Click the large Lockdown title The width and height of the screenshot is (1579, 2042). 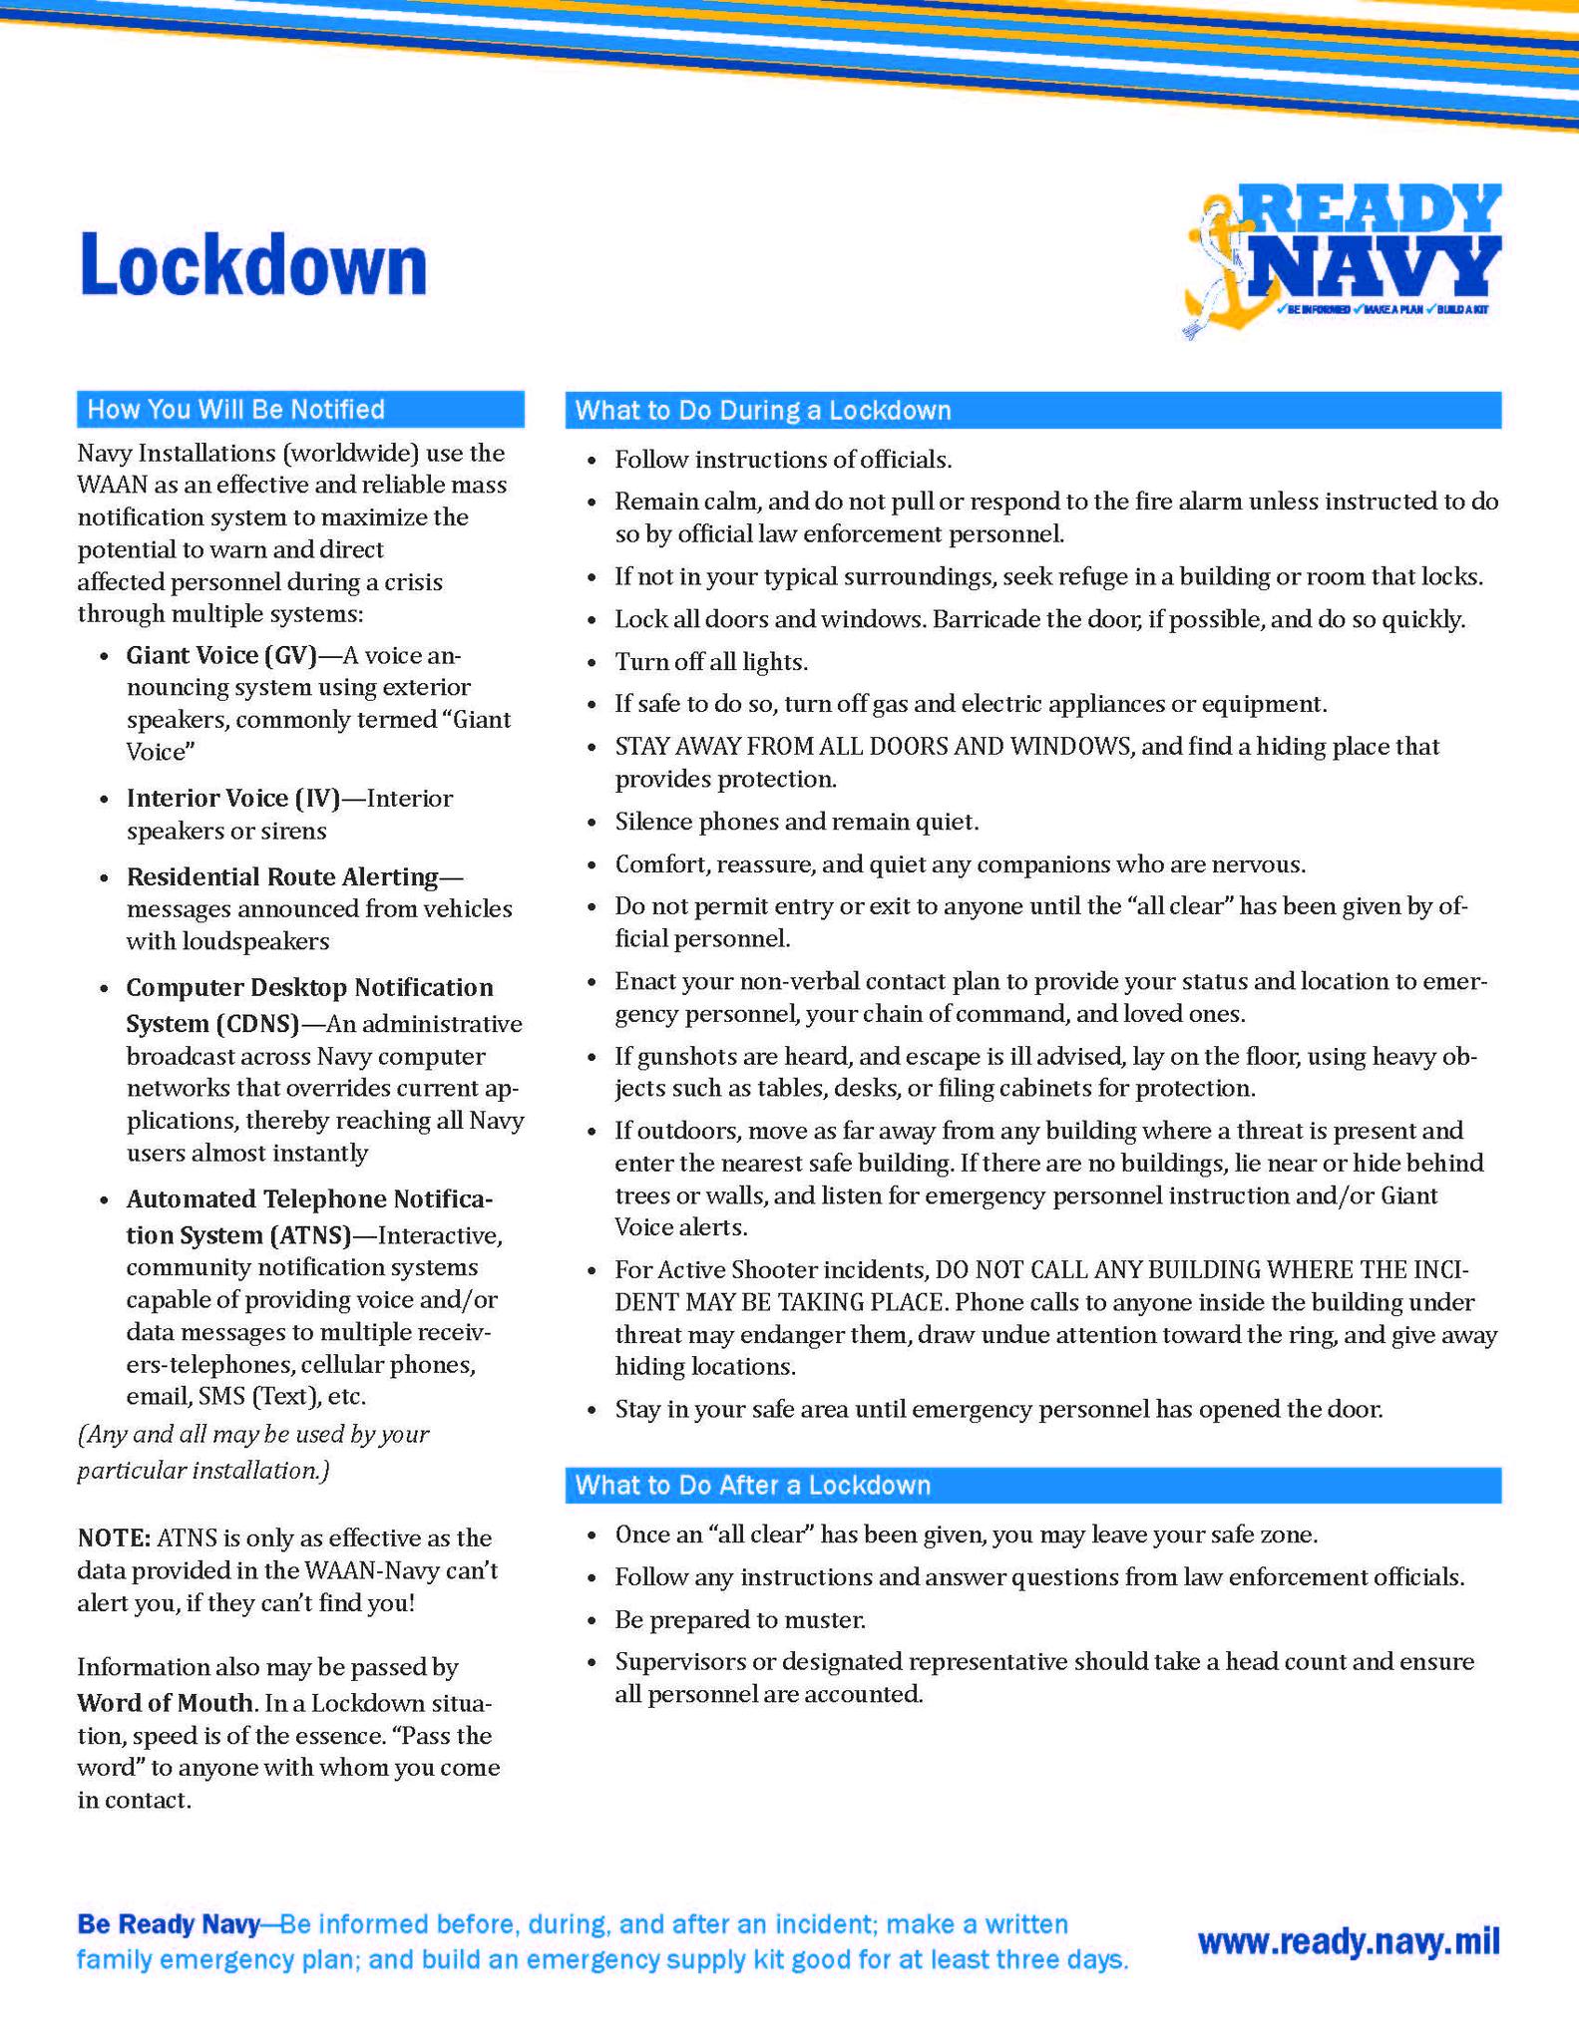pyautogui.click(x=253, y=264)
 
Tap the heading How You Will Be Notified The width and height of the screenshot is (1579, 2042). pyautogui.click(x=235, y=410)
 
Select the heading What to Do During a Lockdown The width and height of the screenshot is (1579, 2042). pyautogui.click(x=763, y=411)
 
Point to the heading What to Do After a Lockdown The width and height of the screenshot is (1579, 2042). pyautogui.click(x=753, y=1486)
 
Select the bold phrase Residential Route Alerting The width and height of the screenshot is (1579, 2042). pyautogui.click(x=282, y=876)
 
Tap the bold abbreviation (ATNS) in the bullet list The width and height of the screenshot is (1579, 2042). pyautogui.click(x=309, y=1235)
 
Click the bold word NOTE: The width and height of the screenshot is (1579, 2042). pyautogui.click(x=114, y=1537)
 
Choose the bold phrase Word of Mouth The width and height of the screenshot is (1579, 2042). pyautogui.click(x=165, y=1702)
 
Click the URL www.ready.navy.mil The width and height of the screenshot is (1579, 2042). pyautogui.click(x=1349, y=1941)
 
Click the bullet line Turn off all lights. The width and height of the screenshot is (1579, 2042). pyautogui.click(x=711, y=662)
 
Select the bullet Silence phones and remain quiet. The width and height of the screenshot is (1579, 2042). pyautogui.click(x=797, y=822)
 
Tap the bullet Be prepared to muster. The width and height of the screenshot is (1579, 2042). pyautogui.click(x=740, y=1619)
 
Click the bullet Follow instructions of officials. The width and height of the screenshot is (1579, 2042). pyautogui.click(x=783, y=460)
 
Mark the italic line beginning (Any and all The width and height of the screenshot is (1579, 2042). pyautogui.click(x=253, y=1434)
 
